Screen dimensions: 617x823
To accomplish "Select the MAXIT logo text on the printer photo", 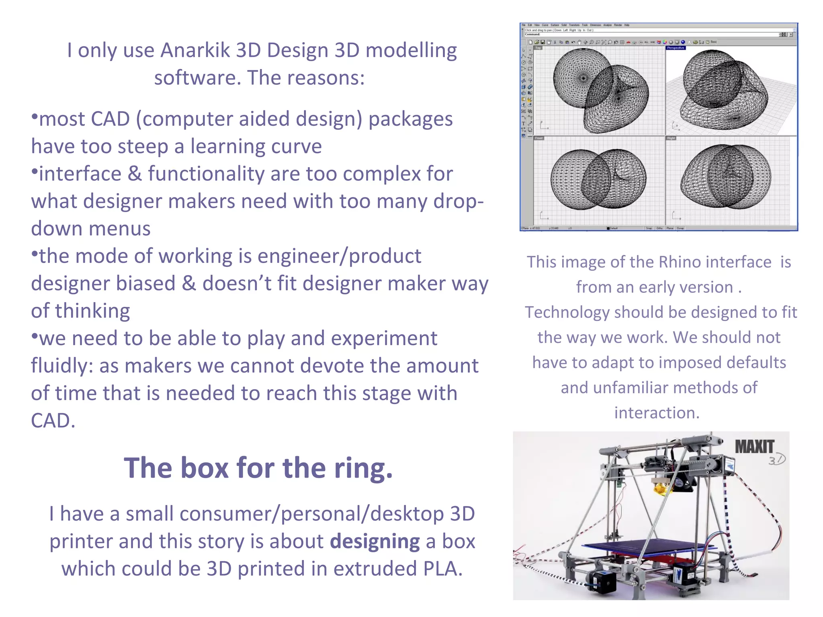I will point(754,447).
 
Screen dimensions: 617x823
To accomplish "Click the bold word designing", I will point(375,541).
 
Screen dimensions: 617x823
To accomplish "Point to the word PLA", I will point(442,569).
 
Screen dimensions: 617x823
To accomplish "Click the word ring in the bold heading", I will point(363,468).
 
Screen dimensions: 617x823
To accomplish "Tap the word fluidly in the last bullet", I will point(62,366).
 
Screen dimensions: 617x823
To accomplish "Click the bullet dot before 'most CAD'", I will point(35,117).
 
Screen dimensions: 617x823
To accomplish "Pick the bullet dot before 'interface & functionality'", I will point(35,172).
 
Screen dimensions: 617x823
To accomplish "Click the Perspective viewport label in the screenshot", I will point(676,48).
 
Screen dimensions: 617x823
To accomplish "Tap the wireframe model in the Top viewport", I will point(600,91).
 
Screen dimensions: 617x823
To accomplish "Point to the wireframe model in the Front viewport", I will point(598,178).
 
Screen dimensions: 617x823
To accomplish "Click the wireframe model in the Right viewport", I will point(726,177).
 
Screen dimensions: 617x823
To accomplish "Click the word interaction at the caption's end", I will point(657,413).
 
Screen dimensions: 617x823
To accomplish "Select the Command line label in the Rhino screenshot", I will point(532,35).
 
